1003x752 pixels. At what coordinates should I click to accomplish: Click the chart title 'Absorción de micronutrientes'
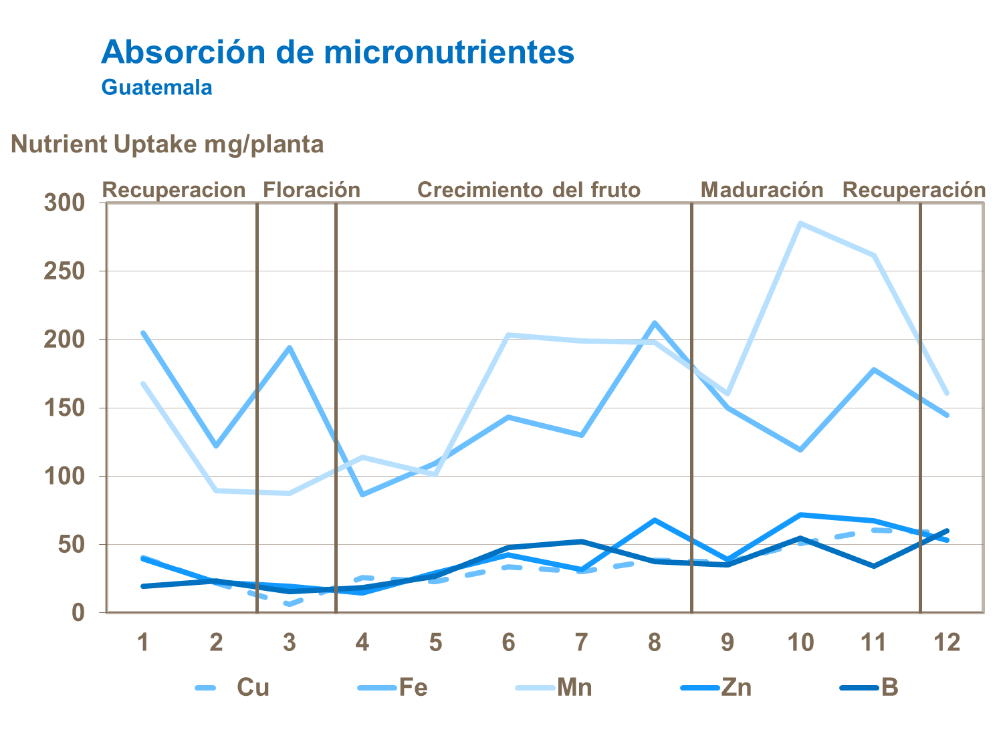338,52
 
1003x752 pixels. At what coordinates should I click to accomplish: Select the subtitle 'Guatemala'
156,88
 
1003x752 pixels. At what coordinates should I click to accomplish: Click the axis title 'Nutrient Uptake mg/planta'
167,144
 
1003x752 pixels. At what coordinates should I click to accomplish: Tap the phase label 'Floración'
312,190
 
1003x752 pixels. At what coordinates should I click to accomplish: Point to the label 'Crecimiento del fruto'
529,190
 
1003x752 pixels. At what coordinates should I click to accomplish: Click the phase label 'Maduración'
762,190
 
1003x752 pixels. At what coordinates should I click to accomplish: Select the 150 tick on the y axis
64,408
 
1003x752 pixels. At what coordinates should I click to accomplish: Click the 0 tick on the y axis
78,612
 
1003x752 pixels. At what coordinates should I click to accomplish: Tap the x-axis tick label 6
508,642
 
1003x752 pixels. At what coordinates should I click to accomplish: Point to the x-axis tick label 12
947,642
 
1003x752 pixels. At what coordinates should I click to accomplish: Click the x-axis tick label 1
142,642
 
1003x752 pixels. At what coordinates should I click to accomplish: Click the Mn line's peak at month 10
800,223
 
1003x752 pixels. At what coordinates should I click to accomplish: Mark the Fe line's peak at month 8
655,323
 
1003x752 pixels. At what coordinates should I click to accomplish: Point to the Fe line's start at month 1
143,332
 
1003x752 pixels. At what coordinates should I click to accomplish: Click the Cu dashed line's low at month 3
289,604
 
